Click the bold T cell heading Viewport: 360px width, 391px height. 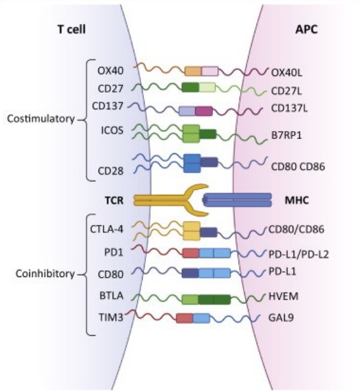coord(72,29)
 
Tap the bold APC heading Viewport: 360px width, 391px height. coord(307,29)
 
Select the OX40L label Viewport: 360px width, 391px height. coord(287,73)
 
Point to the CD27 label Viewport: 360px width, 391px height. coord(111,89)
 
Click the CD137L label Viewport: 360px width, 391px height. coord(289,108)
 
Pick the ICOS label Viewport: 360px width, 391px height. coord(112,130)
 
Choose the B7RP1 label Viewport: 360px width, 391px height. coord(287,135)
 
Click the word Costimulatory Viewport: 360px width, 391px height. coord(41,119)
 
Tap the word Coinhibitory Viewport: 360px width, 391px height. coord(45,274)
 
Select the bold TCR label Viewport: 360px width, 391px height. coord(114,200)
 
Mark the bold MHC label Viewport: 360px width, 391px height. coord(297,200)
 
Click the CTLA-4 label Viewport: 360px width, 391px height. coord(107,229)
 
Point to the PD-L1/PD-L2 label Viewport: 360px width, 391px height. coord(299,254)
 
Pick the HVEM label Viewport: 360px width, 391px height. coord(283,297)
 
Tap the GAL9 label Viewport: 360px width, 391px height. coord(281,317)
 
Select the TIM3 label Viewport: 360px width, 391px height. coord(111,317)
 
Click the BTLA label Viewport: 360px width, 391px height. coord(111,296)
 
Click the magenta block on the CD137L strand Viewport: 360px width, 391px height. coord(204,111)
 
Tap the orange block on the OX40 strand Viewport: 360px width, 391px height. coord(193,71)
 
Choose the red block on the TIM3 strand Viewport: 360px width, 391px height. coord(185,319)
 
